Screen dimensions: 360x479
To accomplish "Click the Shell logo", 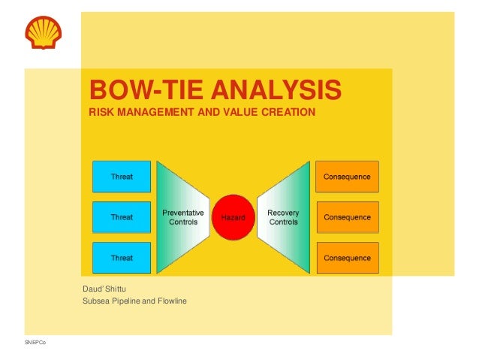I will click(x=44, y=32).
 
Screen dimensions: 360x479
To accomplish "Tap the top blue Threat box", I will click(x=122, y=177).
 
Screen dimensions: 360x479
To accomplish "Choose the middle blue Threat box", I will click(x=122, y=217).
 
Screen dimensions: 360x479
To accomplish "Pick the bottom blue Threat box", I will click(x=122, y=258).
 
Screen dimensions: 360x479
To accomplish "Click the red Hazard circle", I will click(x=233, y=217).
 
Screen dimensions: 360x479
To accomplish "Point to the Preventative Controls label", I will click(x=183, y=217).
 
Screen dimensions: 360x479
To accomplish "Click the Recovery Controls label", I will click(x=283, y=217).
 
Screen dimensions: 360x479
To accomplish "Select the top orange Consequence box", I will click(x=347, y=177).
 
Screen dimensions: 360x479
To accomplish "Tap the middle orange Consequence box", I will click(x=347, y=217).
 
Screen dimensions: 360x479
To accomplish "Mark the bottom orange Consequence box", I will click(x=347, y=258).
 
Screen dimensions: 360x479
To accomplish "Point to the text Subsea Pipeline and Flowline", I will click(x=134, y=301).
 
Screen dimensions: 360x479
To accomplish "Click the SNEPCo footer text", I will click(x=35, y=343).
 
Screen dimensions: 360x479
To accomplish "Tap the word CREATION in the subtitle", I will click(x=288, y=113).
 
